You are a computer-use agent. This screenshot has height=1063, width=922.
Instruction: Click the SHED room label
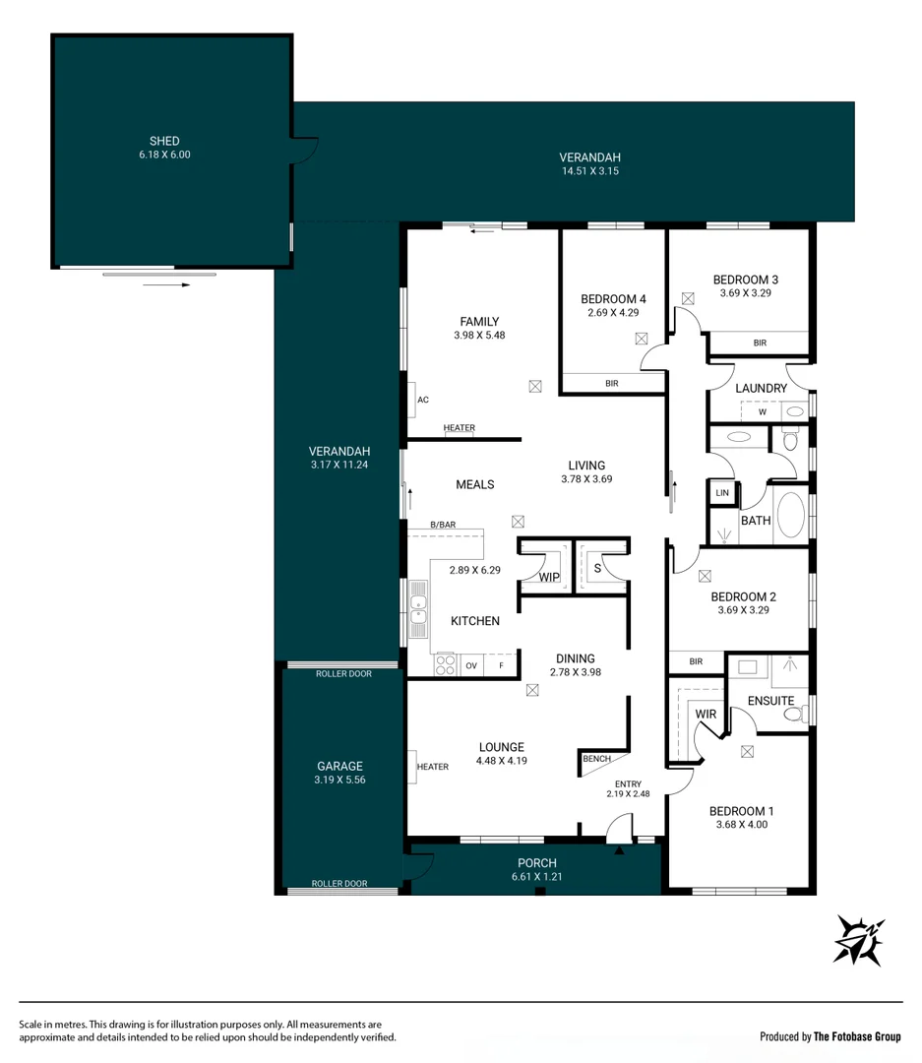(x=164, y=141)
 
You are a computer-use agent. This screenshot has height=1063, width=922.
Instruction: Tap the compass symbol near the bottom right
(x=859, y=939)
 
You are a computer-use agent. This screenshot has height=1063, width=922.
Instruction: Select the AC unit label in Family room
(x=423, y=400)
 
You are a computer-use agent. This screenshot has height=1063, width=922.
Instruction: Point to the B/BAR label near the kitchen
(x=443, y=525)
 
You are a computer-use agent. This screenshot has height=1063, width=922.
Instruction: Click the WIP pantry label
(x=548, y=577)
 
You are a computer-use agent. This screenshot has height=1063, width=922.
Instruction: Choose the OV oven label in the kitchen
(x=471, y=666)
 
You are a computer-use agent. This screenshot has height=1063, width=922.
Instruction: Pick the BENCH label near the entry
(x=596, y=759)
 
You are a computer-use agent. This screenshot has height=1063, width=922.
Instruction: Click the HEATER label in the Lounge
(x=432, y=767)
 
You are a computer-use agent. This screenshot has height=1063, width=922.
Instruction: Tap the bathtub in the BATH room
(x=791, y=515)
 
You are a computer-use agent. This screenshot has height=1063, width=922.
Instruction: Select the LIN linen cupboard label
(x=722, y=492)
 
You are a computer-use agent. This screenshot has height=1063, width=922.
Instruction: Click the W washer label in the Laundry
(x=762, y=411)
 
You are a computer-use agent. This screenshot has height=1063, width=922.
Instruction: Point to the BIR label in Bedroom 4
(x=611, y=383)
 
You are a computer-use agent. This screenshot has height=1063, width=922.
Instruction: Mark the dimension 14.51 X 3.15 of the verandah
(x=589, y=171)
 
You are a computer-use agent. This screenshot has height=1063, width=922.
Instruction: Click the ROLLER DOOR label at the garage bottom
(x=339, y=884)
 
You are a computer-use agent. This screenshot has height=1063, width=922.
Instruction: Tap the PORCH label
(x=534, y=863)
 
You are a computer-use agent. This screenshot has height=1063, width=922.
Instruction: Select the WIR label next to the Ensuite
(x=706, y=713)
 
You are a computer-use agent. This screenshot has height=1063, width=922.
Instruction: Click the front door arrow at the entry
(x=619, y=850)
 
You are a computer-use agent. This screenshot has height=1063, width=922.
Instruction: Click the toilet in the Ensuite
(x=798, y=713)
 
